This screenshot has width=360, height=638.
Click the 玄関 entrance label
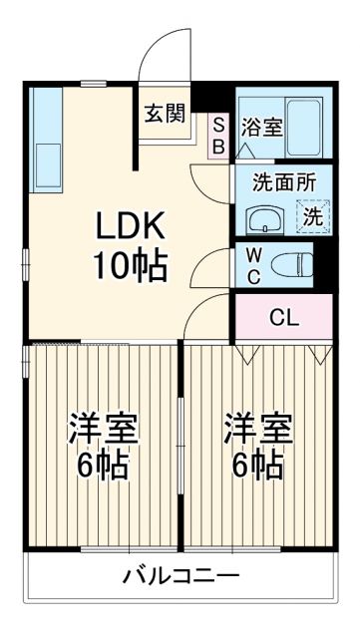(165, 113)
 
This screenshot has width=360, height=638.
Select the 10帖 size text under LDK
(130, 265)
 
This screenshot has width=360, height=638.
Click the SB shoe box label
(219, 135)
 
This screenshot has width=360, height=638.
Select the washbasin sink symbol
(264, 218)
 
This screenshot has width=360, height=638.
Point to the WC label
(254, 265)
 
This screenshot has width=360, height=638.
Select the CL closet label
(283, 319)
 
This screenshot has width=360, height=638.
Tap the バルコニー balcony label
(180, 575)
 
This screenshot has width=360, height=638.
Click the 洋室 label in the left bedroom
(103, 431)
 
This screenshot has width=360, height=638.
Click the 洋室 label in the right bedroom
(257, 431)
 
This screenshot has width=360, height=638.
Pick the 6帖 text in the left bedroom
(103, 466)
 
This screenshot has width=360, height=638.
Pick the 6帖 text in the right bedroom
(257, 466)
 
